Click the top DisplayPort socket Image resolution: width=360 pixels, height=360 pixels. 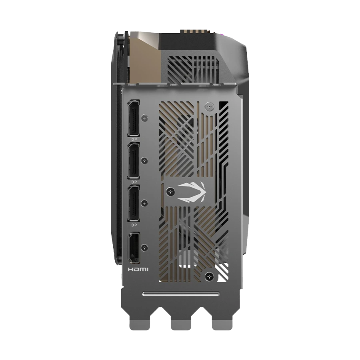pos(134,118)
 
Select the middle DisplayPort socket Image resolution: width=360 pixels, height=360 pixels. pos(134,161)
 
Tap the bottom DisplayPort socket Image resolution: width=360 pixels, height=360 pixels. pos(134,204)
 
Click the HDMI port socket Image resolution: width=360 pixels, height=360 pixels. pos(134,248)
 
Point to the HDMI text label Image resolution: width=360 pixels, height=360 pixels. pos(138,269)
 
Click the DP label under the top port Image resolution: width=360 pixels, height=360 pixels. pos(134,139)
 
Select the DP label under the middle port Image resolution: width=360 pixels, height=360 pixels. pos(134,182)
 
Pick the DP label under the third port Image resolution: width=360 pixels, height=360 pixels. pos(134,225)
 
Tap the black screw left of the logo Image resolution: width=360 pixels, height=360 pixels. pos(170,191)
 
